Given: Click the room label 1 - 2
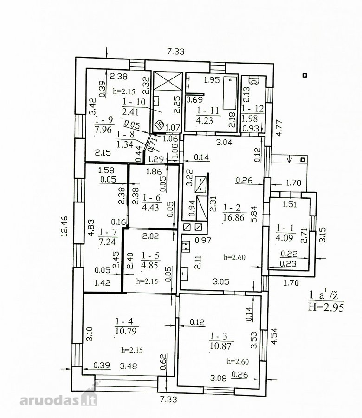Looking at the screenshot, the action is pyautogui.click(x=232, y=208).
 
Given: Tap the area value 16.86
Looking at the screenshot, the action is pyautogui.click(x=233, y=217).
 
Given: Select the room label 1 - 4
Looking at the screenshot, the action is pyautogui.click(x=124, y=321).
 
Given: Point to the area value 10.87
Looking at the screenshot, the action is pyautogui.click(x=220, y=346).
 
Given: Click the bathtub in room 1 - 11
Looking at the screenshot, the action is pyautogui.click(x=230, y=93).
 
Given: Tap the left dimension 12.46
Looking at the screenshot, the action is pyautogui.click(x=65, y=226).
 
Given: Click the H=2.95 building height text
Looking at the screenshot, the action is pyautogui.click(x=326, y=307).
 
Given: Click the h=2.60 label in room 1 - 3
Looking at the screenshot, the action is pyautogui.click(x=238, y=361).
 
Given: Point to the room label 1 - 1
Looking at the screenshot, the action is pyautogui.click(x=285, y=228).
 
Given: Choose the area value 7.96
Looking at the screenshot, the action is pyautogui.click(x=103, y=130).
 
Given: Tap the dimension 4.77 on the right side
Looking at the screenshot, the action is pyautogui.click(x=278, y=128).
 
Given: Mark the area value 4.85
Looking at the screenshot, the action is pyautogui.click(x=150, y=265).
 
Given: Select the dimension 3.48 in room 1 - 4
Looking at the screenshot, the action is pyautogui.click(x=129, y=366).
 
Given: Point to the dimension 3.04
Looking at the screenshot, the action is pyautogui.click(x=224, y=142).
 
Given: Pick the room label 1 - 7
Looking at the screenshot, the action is pyautogui.click(x=108, y=232).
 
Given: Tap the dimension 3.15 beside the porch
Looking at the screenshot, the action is pyautogui.click(x=322, y=235).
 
